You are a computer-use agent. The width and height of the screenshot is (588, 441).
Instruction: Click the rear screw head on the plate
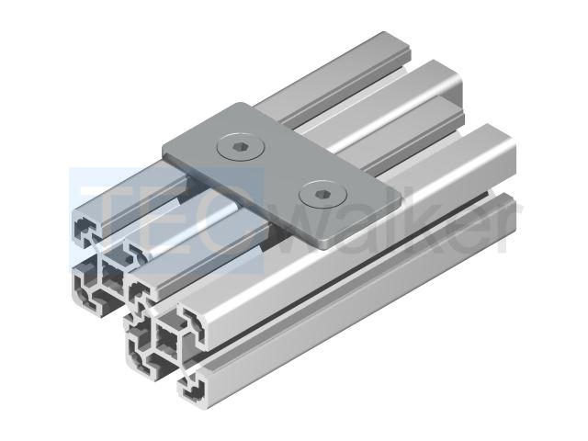(241, 147)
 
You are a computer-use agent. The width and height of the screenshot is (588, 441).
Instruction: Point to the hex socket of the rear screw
(241, 147)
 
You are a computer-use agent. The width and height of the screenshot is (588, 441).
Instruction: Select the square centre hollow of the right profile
(168, 339)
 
